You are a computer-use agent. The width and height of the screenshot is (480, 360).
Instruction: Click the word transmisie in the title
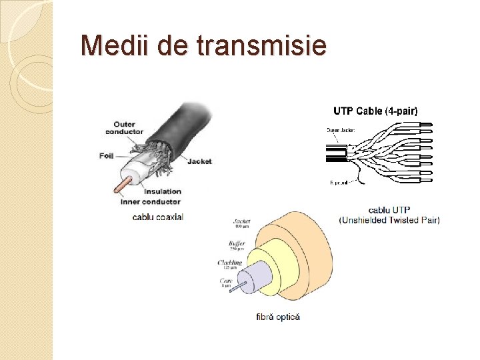262,45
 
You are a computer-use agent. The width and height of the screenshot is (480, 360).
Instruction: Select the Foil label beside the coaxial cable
106,155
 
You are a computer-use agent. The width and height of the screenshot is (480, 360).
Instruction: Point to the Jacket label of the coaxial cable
199,161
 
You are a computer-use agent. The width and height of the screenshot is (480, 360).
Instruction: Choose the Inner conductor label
150,201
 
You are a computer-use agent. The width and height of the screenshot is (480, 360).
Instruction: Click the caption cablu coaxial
157,216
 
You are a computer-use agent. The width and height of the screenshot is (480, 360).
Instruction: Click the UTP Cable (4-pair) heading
375,111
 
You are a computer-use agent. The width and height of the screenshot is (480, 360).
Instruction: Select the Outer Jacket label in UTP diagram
341,130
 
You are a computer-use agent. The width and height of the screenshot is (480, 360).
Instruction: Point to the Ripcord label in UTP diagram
340,182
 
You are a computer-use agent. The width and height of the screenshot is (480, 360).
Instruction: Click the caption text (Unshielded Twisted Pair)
389,220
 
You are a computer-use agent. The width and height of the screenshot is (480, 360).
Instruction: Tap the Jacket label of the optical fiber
241,222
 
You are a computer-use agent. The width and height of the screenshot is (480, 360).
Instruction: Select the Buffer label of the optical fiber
237,244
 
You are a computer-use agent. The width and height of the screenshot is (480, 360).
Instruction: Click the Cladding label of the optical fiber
231,263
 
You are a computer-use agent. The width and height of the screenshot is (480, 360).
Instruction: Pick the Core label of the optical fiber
227,281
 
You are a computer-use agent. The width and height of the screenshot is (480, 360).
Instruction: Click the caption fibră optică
278,316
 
